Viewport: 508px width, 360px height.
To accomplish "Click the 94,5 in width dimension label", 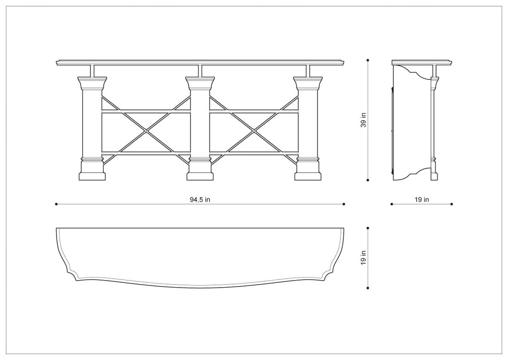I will click(200, 200).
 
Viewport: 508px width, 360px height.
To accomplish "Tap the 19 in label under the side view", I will click(422, 200).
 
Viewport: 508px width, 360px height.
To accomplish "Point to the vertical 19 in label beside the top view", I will click(364, 258).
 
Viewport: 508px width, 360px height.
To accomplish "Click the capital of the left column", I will click(92, 83).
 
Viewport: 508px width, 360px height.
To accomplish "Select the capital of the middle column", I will click(200, 83).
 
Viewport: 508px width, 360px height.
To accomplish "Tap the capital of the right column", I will click(308, 83).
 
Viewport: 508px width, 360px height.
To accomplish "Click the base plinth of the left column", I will click(92, 176).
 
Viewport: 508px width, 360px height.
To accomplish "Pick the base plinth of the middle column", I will click(200, 176).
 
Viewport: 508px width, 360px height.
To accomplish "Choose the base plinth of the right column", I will click(308, 176).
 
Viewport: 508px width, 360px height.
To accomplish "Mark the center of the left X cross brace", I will click(146, 132).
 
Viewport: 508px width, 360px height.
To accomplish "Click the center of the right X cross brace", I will click(254, 132).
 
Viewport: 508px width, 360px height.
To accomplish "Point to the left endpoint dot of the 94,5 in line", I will click(57, 204).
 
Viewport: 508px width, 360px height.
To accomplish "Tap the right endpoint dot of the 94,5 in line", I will click(344, 204).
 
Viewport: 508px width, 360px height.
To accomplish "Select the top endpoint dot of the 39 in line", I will click(368, 60).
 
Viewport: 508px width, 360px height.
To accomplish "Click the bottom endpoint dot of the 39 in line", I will click(368, 180).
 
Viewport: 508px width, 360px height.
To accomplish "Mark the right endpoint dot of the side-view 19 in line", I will click(452, 204).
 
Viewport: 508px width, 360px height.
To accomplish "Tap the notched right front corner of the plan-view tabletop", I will click(328, 276).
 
